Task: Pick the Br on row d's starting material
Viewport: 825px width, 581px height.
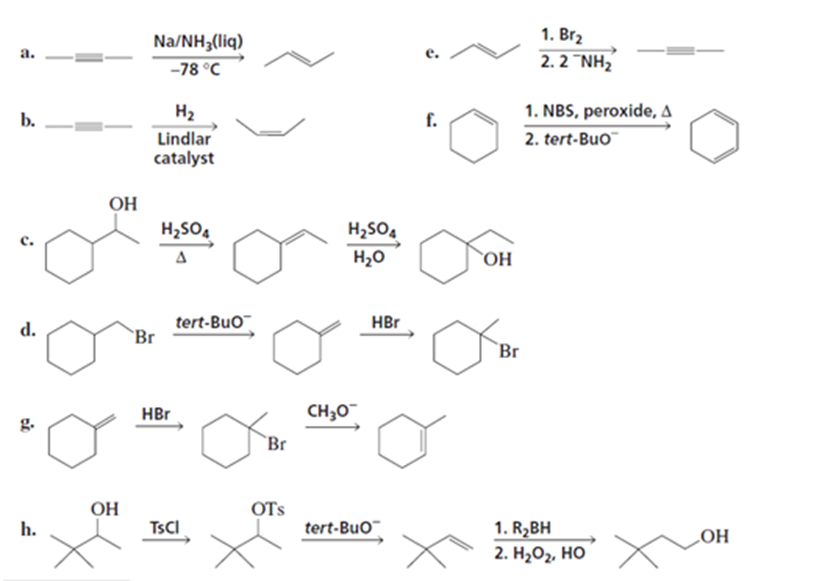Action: point(145,338)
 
